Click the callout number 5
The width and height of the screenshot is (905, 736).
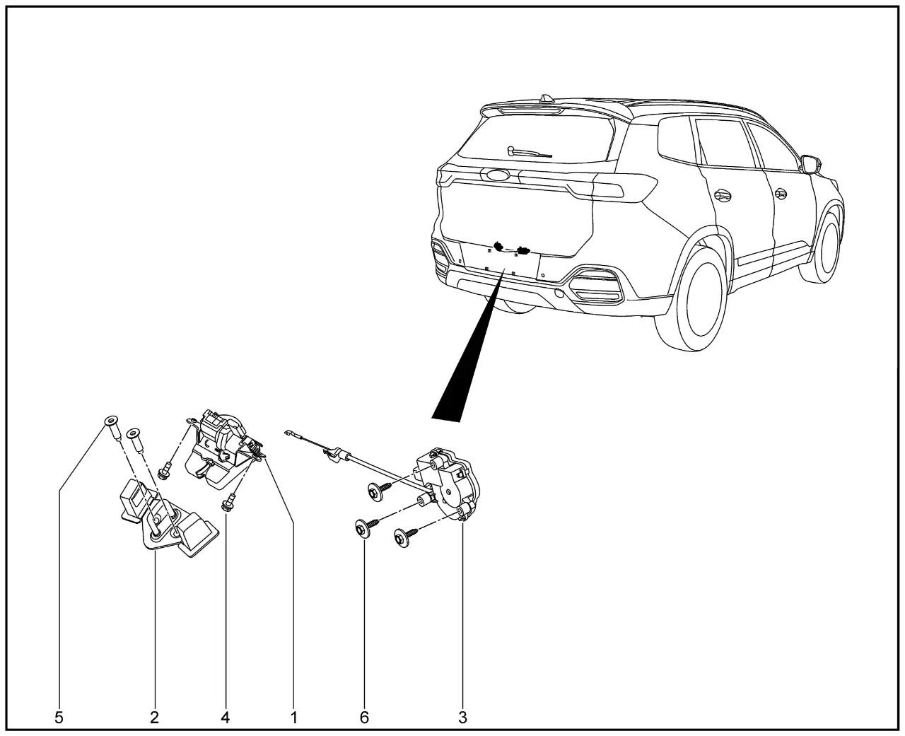pos(59,718)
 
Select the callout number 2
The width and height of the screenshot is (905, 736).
pos(154,718)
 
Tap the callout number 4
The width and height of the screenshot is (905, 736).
pos(225,718)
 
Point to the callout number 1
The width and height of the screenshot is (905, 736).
pos(293,718)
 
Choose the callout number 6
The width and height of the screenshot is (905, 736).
pos(364,718)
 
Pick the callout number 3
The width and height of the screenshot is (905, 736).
pos(462,718)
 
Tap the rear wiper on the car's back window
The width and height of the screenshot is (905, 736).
pos(529,152)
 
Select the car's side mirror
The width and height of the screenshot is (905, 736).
pos(811,164)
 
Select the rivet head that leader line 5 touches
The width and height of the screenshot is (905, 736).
pos(111,421)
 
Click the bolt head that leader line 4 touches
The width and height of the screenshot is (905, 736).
pos(226,506)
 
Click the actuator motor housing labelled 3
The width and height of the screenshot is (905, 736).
pos(449,484)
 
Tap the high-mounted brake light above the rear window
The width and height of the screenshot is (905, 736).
pos(531,111)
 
